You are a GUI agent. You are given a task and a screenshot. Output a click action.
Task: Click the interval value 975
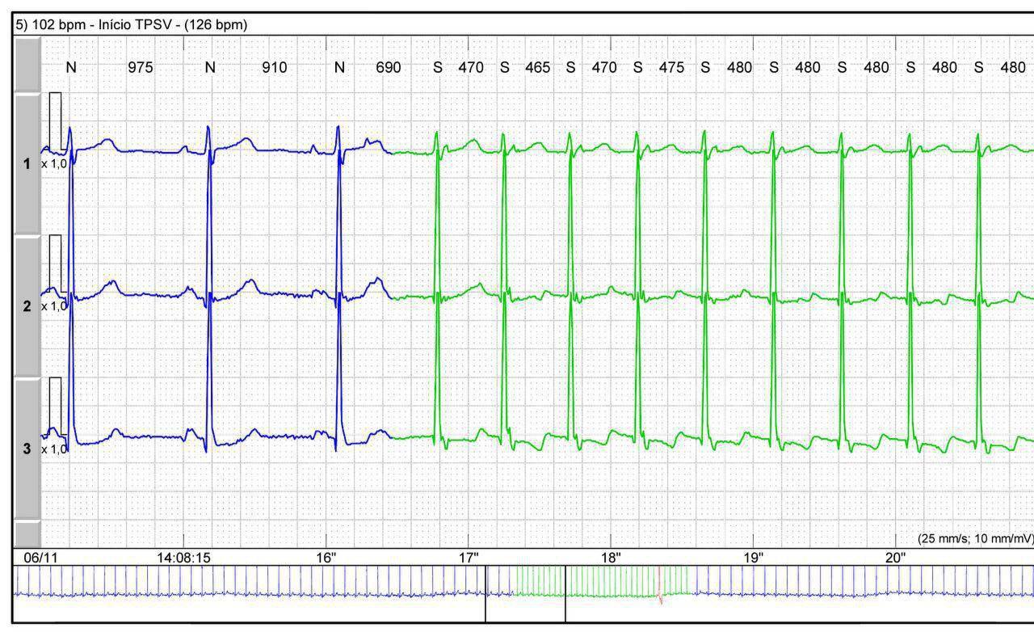[140, 67]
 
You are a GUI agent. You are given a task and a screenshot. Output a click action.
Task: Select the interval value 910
[274, 67]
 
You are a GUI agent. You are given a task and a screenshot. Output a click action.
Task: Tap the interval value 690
[388, 67]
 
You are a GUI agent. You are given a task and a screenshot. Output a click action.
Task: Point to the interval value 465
[537, 67]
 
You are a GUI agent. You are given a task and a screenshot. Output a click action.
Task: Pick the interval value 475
[670, 67]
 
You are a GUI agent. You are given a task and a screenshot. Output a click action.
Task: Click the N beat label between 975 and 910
[210, 67]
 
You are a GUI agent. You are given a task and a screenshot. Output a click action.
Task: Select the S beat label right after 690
[438, 67]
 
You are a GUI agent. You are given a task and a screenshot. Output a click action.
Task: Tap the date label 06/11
[36, 557]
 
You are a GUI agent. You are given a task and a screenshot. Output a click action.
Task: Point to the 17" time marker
[469, 557]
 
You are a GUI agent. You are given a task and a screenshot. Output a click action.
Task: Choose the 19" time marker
[753, 557]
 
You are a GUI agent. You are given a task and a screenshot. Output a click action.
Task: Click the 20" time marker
[895, 557]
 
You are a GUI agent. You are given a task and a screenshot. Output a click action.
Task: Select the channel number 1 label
[27, 163]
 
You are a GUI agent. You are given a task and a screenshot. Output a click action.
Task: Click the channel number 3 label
[27, 449]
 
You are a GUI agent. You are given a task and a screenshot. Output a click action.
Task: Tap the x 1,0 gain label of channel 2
[54, 305]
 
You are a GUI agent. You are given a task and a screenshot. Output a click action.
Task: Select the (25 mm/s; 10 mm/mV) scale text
[975, 538]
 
